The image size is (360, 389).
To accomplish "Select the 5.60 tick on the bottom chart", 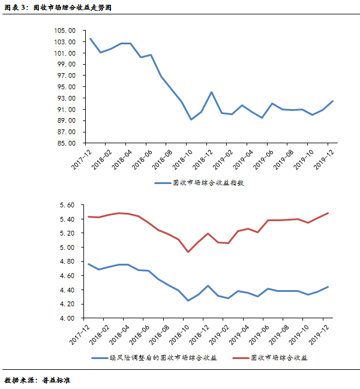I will [68, 205].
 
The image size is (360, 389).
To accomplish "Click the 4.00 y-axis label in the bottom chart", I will [68, 318].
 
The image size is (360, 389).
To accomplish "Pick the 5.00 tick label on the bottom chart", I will [68, 248].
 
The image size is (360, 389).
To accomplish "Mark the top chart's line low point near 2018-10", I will [191, 119].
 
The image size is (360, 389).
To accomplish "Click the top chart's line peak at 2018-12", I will [212, 92].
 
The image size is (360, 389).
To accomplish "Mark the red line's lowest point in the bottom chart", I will [188, 252].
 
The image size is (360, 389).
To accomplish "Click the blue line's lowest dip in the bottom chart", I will [188, 300].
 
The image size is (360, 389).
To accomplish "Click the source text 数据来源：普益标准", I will [37, 379].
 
